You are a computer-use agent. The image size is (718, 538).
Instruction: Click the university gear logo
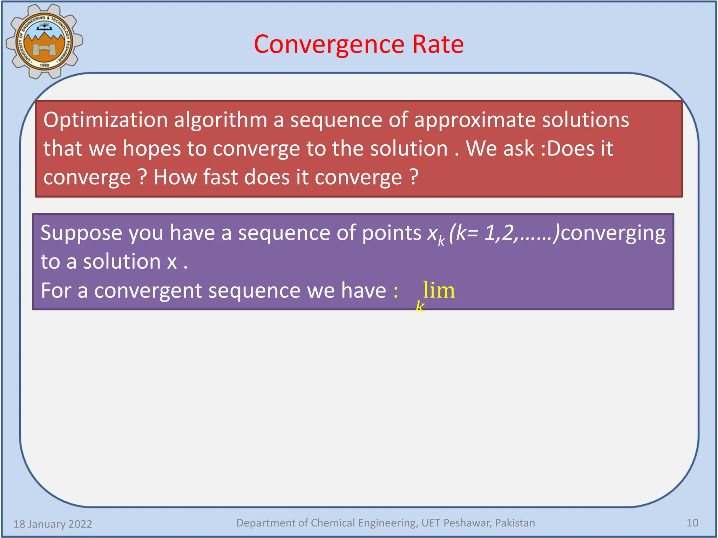click(44, 41)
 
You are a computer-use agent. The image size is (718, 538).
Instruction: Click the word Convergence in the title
click(329, 44)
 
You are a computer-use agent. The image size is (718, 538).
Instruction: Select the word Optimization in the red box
click(106, 120)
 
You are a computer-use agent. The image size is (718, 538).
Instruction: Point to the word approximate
click(475, 120)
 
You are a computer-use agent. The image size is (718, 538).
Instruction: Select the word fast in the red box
click(221, 177)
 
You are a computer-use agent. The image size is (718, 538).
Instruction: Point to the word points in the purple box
click(391, 233)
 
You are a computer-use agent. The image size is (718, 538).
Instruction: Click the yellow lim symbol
click(439, 290)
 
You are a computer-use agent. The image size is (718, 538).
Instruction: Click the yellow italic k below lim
click(420, 307)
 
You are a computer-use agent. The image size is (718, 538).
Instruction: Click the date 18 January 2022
click(53, 524)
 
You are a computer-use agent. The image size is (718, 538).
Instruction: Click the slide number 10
click(692, 523)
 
